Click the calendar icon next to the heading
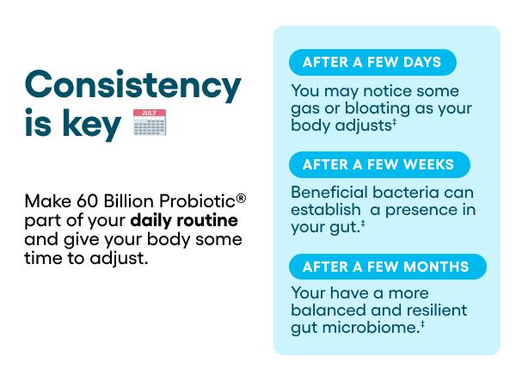coord(150,123)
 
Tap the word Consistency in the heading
coord(132,85)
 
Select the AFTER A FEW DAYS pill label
coord(372,62)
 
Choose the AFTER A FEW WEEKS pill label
coord(378,164)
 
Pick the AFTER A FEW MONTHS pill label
coord(386,267)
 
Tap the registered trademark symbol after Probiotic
coord(242,199)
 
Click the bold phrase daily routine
coord(184,220)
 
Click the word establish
coord(325,210)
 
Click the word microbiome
coord(373,327)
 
